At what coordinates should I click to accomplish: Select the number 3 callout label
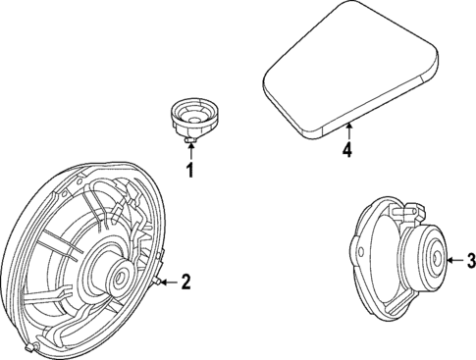[471, 260]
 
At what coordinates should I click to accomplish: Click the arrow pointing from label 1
[190, 155]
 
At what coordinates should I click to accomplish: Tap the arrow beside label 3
[454, 260]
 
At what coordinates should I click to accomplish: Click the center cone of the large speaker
[118, 277]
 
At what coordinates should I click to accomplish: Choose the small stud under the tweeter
[190, 143]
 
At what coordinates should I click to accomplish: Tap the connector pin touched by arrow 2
[157, 283]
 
